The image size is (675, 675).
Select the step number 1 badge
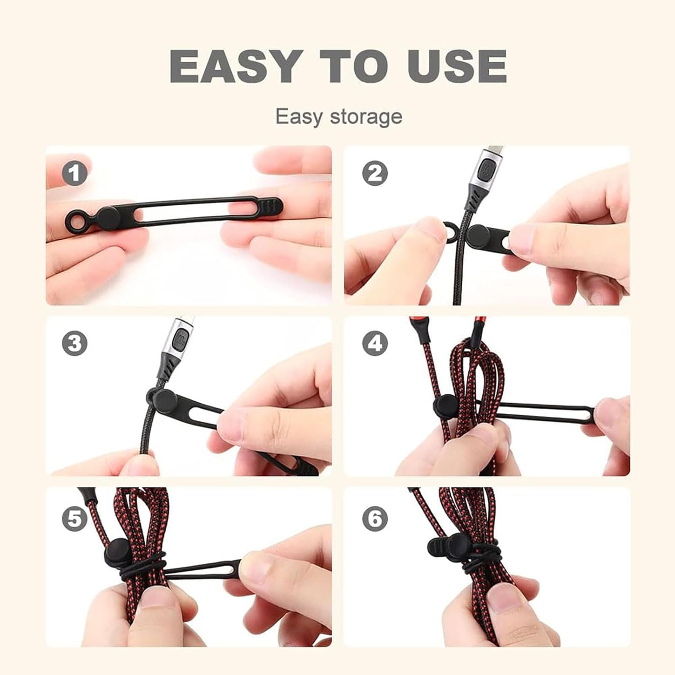75,174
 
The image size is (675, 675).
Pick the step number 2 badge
375,174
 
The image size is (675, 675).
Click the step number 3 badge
75,344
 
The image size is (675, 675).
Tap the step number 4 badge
375,344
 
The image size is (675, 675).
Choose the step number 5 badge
75,519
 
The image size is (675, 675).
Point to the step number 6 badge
375,519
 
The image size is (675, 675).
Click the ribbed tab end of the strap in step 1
271,205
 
